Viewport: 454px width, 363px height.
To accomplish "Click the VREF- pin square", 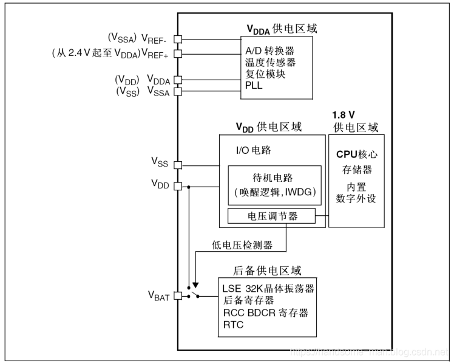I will click(178, 39).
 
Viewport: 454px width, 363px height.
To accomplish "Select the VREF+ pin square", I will click(178, 54).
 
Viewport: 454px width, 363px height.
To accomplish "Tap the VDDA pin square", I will click(178, 80).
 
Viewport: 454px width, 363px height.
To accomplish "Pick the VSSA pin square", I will click(178, 92).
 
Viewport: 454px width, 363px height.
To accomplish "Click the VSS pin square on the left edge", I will click(178, 164).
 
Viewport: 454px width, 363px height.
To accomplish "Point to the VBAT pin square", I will click(178, 296).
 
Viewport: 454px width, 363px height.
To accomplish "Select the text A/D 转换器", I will click(270, 50).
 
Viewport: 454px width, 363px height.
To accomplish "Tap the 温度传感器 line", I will click(270, 62).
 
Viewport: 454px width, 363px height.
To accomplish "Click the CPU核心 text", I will click(356, 154).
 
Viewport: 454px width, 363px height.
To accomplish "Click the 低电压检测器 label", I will click(242, 245).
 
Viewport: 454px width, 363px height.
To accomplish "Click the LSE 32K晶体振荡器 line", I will click(268, 288).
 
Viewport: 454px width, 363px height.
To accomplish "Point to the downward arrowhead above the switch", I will click(195, 284).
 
